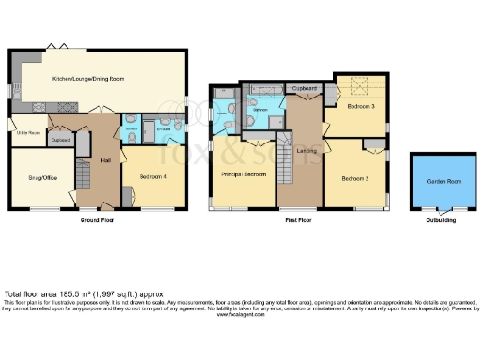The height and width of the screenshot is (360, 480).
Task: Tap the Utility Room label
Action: (27, 134)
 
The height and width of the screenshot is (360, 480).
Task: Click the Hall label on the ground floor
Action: (106, 161)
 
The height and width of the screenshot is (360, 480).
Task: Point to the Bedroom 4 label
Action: (154, 176)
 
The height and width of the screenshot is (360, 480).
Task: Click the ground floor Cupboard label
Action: (61, 141)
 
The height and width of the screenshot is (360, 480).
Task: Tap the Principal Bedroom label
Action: (241, 174)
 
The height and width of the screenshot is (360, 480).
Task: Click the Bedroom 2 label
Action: (354, 178)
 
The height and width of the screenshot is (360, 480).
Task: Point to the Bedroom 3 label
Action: (361, 108)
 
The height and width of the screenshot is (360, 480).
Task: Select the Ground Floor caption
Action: (97, 223)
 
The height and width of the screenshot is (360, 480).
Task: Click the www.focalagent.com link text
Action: (240, 313)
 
